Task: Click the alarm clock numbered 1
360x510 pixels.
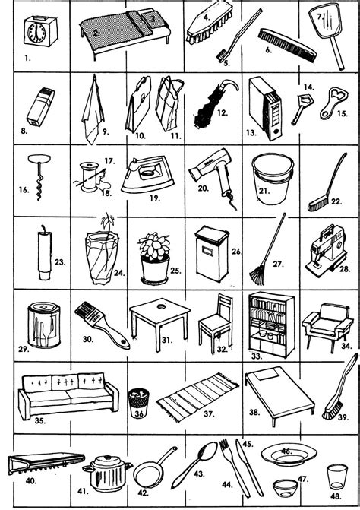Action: click(40, 32)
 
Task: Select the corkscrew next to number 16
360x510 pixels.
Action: click(39, 176)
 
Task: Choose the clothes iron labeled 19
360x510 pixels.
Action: click(147, 175)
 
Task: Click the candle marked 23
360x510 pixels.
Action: click(45, 253)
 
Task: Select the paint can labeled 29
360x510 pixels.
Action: click(44, 325)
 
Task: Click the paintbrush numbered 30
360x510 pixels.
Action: click(102, 325)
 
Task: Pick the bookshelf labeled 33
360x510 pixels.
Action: click(271, 325)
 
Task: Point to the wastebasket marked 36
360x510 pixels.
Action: click(138, 402)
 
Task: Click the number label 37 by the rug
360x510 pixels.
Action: click(210, 413)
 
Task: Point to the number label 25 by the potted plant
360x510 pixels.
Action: click(175, 271)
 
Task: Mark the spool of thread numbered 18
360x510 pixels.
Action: click(90, 177)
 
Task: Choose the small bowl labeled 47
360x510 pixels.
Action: click(286, 488)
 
